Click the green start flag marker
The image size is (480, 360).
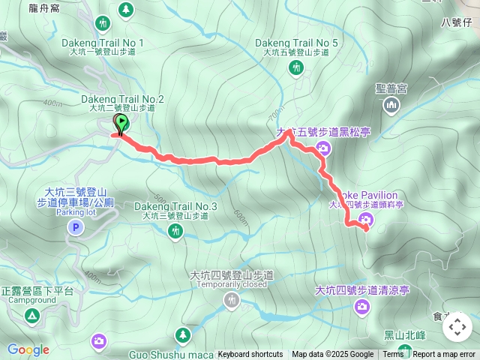click(x=120, y=123)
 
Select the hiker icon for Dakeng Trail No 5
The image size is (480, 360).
click(x=296, y=68)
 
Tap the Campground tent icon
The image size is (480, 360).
click(x=32, y=316)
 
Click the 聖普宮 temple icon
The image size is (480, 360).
click(x=391, y=107)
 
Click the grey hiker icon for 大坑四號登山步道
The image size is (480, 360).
click(x=232, y=301)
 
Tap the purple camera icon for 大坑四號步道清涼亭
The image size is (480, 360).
click(x=362, y=307)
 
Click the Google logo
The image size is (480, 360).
click(x=28, y=349)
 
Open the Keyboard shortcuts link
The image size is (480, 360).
click(x=250, y=355)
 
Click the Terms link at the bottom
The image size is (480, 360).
click(x=393, y=355)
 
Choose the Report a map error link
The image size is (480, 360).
click(x=445, y=355)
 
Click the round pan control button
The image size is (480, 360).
click(x=457, y=326)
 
